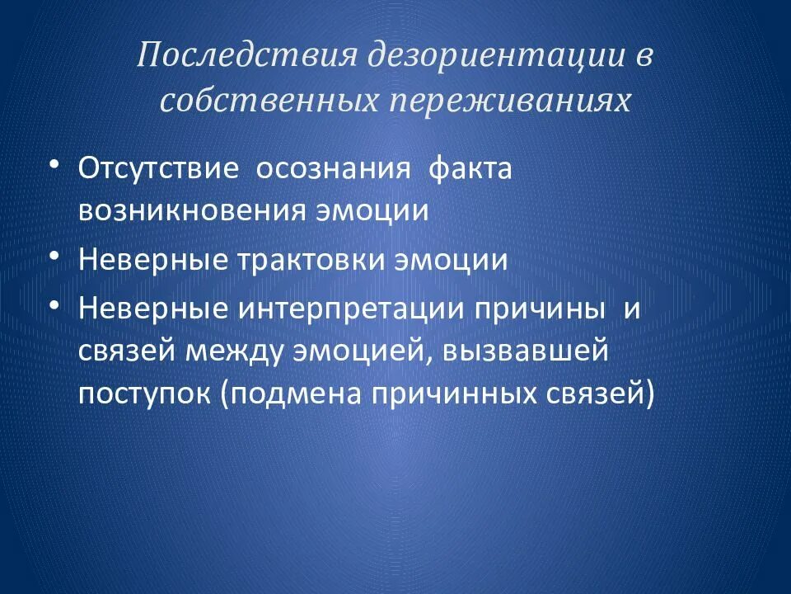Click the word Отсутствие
click(159, 168)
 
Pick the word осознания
click(334, 168)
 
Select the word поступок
click(144, 394)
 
